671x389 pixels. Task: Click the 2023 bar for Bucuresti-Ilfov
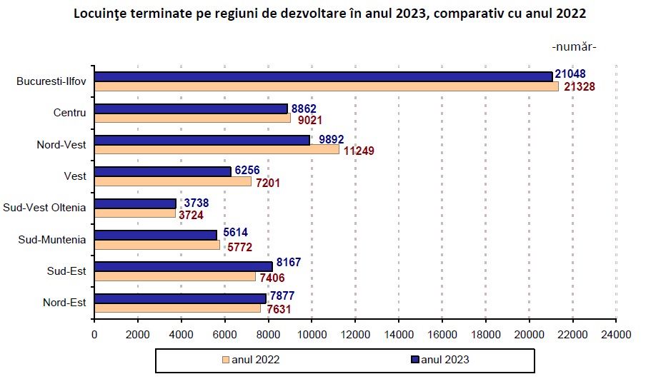click(x=323, y=76)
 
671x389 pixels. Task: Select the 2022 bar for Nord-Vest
click(x=217, y=150)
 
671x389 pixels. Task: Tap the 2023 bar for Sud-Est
click(x=183, y=266)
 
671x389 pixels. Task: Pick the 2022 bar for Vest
click(x=172, y=182)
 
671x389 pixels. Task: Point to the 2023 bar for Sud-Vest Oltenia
click(x=135, y=203)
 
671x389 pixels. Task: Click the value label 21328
click(x=580, y=86)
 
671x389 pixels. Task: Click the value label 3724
click(x=192, y=213)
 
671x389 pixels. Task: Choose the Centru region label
click(x=69, y=113)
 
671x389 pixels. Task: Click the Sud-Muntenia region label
click(x=52, y=239)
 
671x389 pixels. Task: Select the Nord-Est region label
click(x=64, y=303)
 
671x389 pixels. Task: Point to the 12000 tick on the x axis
click(x=355, y=333)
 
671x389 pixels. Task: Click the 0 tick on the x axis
click(x=94, y=333)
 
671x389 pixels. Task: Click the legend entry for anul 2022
click(x=250, y=360)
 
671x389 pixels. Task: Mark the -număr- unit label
click(x=574, y=47)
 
